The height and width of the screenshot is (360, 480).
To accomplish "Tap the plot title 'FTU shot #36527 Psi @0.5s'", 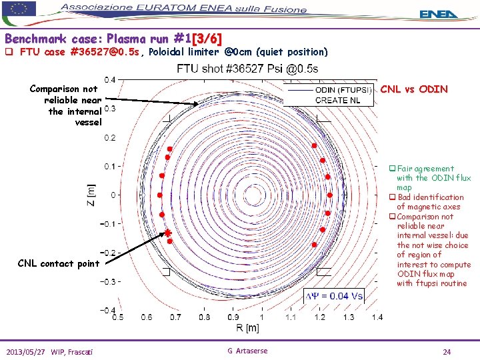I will point(247,69).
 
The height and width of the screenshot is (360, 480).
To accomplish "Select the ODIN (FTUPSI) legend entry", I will point(343,90).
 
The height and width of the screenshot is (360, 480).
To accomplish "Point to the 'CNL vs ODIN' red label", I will point(413,89).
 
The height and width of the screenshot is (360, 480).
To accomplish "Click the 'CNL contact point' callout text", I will point(59,263).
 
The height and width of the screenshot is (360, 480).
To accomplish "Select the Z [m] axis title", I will point(92,195).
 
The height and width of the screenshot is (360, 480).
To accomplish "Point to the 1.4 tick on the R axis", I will point(377,317).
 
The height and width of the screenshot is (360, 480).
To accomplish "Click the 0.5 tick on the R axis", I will point(117,317).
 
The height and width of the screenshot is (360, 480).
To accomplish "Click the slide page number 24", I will point(447,351).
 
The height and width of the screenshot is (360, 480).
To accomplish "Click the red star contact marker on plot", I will point(168,233).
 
